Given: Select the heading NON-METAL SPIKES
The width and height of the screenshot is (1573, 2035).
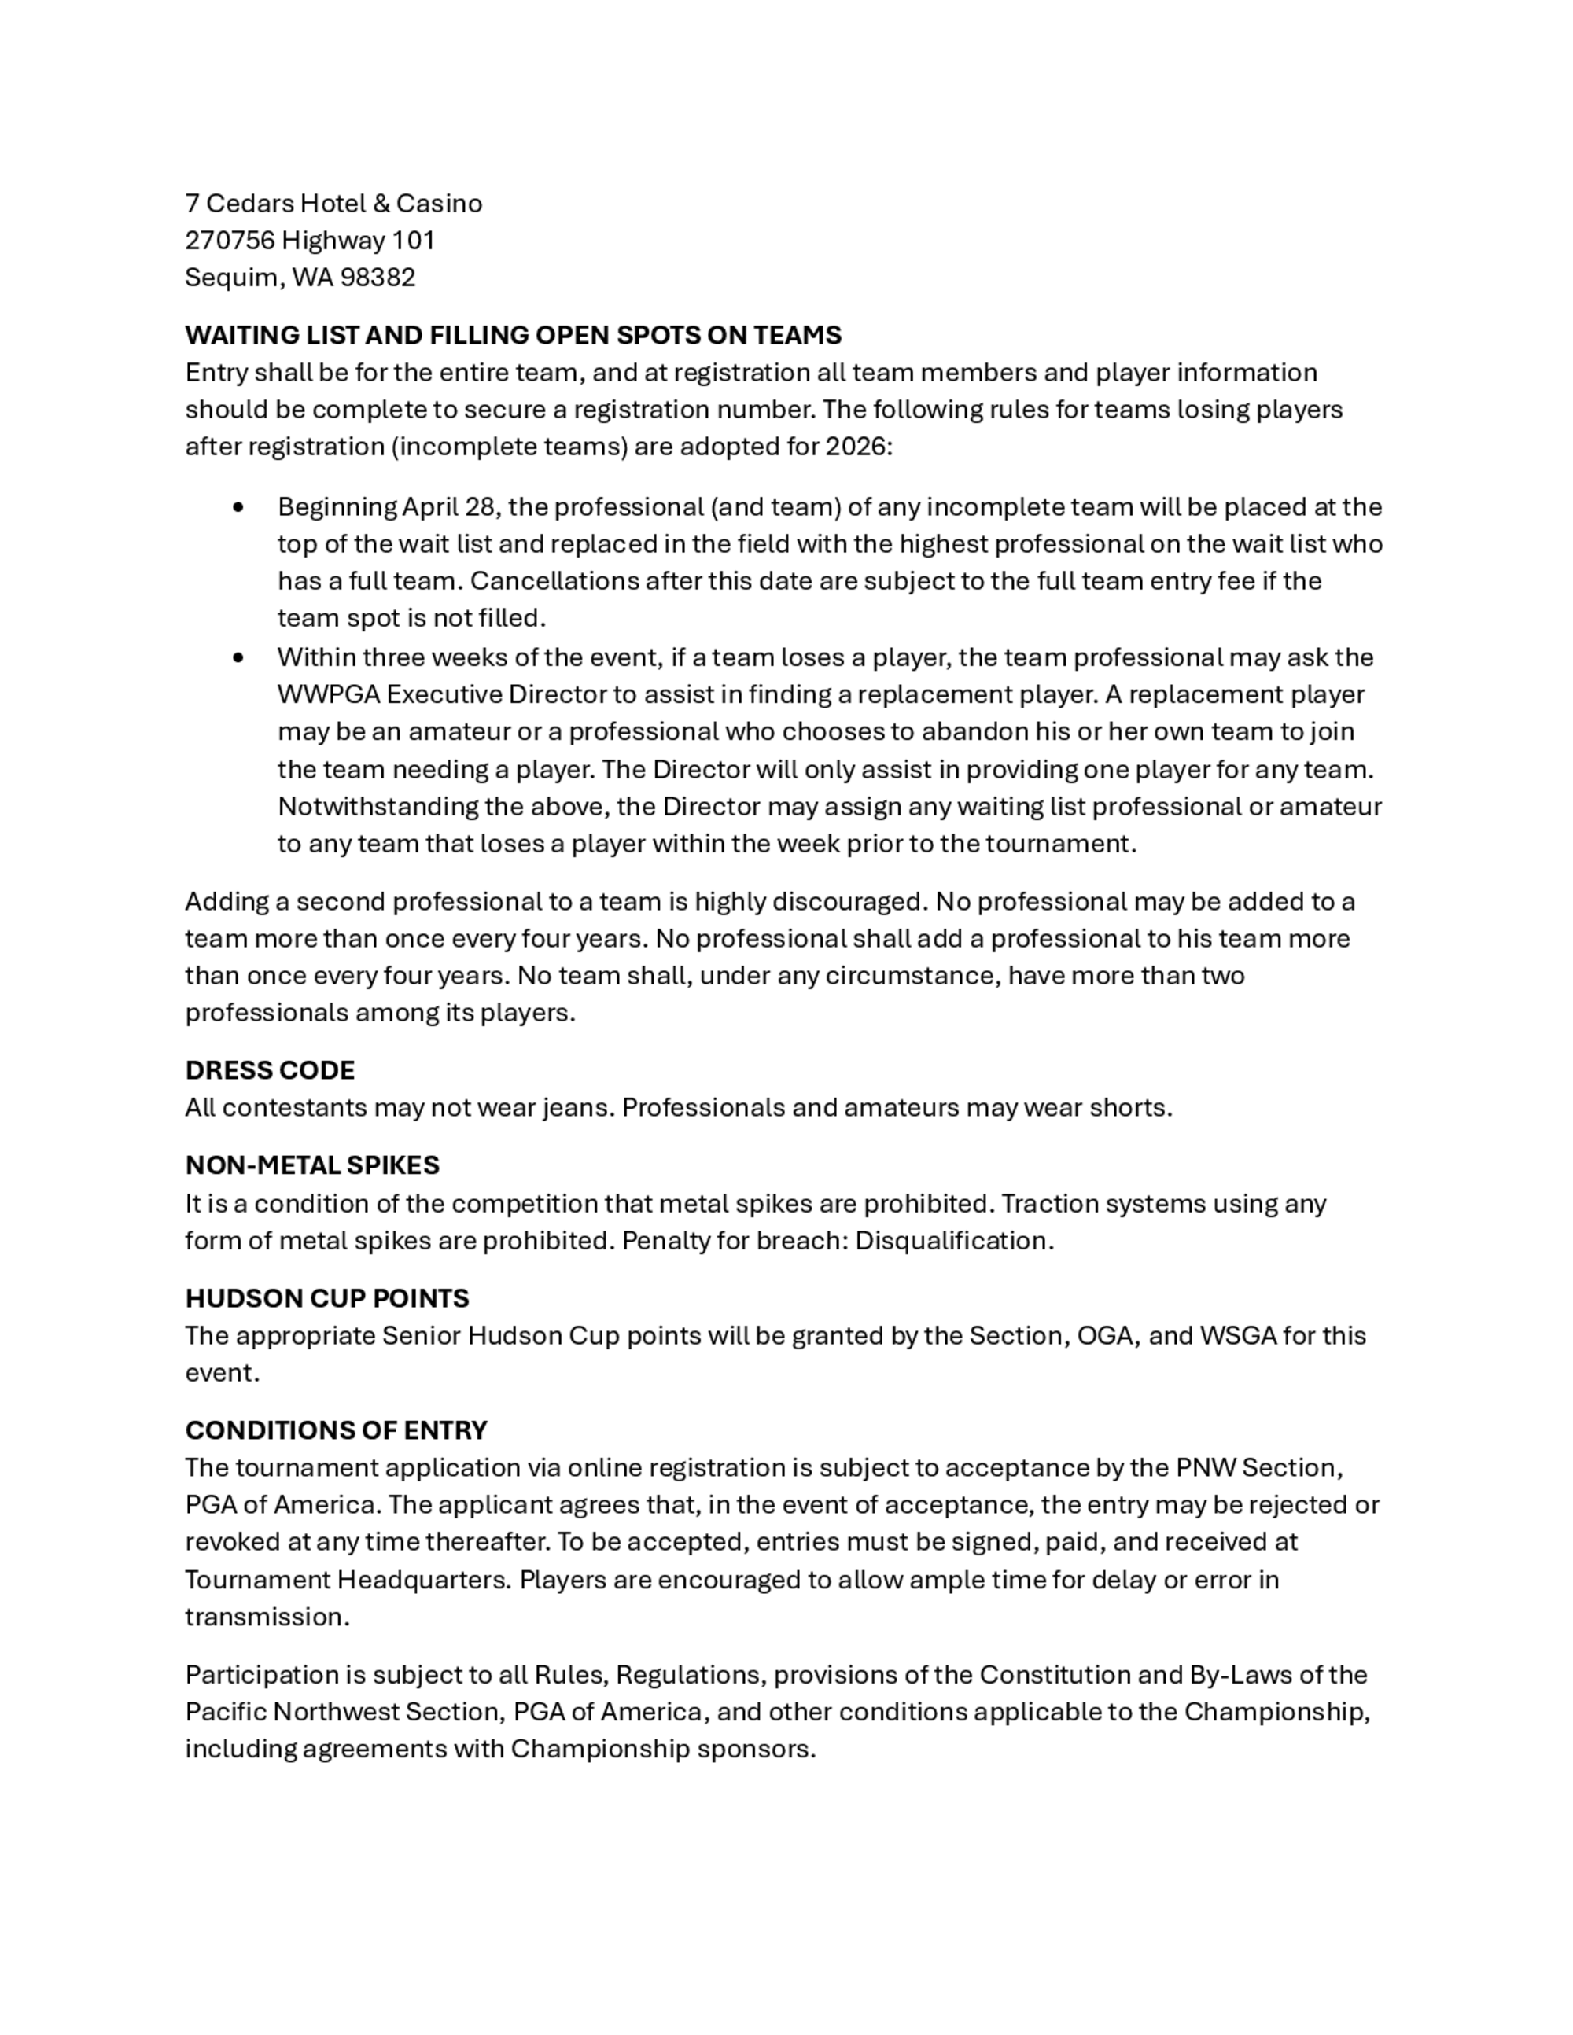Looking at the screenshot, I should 312,1165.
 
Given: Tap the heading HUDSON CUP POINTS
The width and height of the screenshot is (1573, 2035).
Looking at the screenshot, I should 327,1298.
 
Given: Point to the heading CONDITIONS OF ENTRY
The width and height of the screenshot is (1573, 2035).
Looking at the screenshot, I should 337,1430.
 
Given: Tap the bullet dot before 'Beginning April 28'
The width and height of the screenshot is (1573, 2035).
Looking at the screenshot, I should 240,507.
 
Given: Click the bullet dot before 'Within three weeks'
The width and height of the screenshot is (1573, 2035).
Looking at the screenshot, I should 240,658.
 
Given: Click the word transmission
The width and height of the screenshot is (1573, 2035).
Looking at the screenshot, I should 266,1617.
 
